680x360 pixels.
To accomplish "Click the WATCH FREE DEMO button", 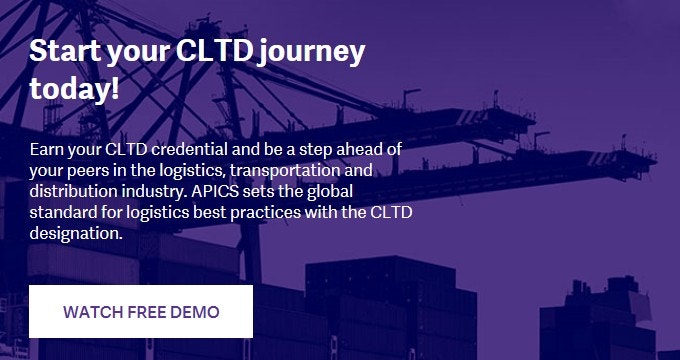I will click(x=141, y=311).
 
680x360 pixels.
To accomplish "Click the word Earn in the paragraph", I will click(x=46, y=149).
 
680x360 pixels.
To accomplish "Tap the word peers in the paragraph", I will click(x=84, y=170).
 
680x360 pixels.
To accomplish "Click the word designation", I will click(x=75, y=233).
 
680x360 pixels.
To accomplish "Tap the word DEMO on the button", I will click(x=195, y=312).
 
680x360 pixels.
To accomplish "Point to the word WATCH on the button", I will click(x=91, y=312).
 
